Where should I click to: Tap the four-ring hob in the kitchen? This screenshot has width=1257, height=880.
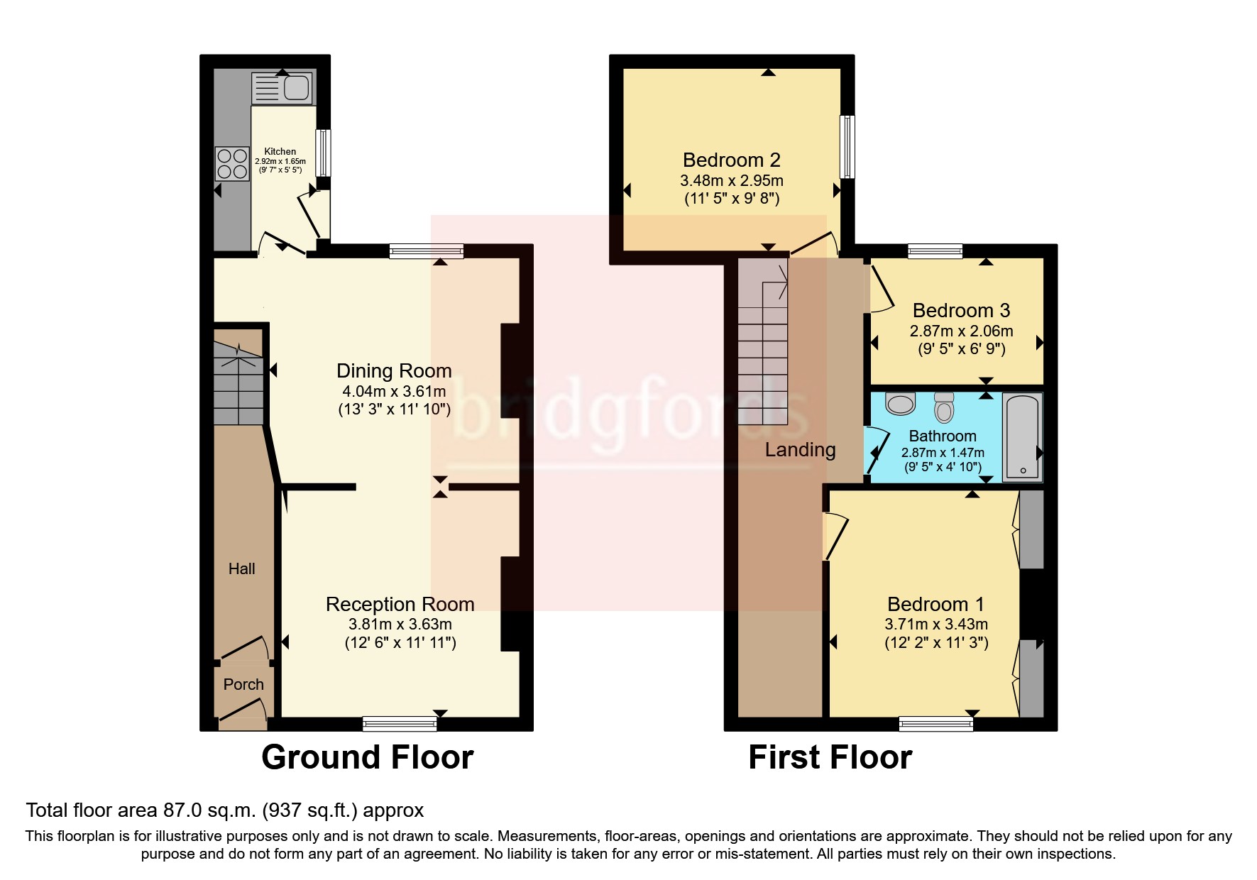point(232,164)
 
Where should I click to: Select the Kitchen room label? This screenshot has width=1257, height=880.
point(280,151)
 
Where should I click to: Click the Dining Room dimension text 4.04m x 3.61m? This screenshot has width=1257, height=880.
point(394,391)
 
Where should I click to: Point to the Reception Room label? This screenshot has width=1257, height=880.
point(400,604)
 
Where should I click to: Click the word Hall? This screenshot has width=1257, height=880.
point(241,568)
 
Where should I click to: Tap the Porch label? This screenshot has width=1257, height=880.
point(243,684)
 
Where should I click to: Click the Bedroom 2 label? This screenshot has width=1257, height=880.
point(732,160)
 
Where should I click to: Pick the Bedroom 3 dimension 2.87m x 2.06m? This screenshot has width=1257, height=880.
point(961,331)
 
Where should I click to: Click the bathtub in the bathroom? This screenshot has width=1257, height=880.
point(1022,437)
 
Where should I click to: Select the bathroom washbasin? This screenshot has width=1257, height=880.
point(901,403)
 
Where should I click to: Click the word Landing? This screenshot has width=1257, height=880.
point(800,450)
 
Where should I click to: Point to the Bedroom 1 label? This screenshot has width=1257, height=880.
point(935,604)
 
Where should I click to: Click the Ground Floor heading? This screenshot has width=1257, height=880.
point(367,757)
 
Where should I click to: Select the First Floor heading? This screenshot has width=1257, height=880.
point(830,757)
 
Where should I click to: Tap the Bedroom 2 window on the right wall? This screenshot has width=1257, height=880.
point(847,147)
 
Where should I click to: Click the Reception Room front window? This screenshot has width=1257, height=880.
point(400,723)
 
